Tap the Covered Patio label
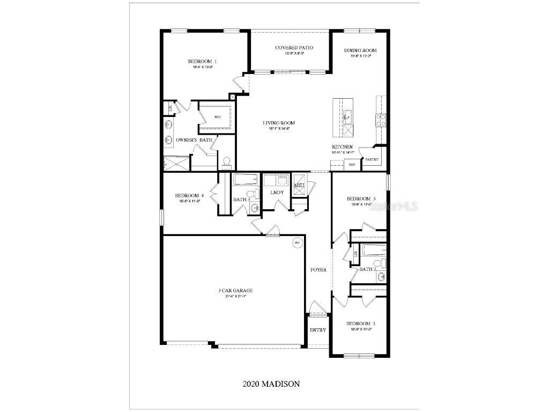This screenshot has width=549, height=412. coord(294,48)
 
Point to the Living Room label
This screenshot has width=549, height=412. coord(278,123)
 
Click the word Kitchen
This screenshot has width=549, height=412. coord(342,146)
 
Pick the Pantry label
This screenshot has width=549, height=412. coord(372,159)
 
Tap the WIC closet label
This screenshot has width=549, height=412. coord(218,117)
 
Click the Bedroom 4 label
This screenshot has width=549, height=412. coord(189,195)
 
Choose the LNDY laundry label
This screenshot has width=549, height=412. coord(277,192)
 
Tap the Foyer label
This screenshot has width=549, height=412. coord(318,269)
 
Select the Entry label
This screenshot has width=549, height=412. coord(318,330)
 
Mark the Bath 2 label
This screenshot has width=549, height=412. coord(367,269)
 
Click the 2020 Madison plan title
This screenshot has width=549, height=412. coord(271,384)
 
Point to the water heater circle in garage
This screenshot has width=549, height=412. coord(295,243)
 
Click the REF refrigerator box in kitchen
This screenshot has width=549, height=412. coord(352,165)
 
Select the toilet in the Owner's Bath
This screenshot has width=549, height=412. coord(226,161)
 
